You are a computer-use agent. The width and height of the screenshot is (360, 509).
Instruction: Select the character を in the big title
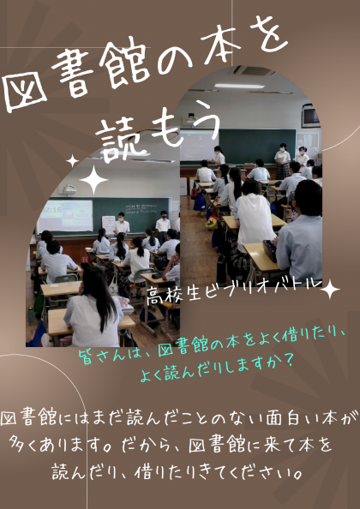[269, 36]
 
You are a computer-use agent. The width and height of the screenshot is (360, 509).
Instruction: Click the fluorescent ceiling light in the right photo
[239, 86]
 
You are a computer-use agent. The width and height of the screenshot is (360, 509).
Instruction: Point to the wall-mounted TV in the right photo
[311, 117]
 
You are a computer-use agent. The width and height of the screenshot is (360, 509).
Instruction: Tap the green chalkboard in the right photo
[257, 146]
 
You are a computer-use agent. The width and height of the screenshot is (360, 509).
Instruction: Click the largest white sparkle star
[93, 179]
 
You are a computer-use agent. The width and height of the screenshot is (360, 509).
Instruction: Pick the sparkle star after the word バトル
[329, 290]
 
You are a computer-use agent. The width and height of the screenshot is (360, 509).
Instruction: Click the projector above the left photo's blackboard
[69, 190]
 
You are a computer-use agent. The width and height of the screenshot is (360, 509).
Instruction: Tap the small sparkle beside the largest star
[72, 161]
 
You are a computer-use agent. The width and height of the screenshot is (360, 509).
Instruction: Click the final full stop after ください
[296, 476]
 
